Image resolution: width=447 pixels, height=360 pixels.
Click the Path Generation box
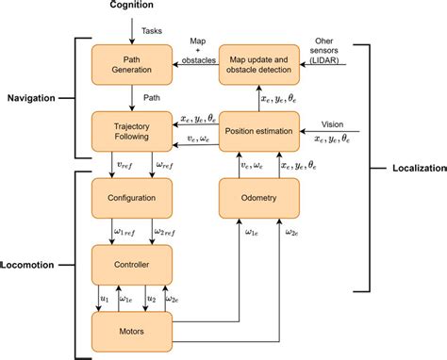click(131, 64)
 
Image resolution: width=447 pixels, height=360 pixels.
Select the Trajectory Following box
click(131, 130)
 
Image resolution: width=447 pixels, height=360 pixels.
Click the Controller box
click(131, 263)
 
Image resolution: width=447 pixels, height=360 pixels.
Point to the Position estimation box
click(259, 130)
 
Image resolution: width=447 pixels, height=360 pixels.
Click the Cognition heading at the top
click(131, 8)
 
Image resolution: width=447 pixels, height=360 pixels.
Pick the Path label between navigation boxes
click(152, 97)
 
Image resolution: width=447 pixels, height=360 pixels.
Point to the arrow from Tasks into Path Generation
click(131, 36)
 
